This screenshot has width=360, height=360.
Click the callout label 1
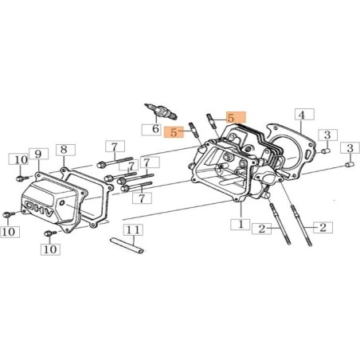click(x=241, y=225)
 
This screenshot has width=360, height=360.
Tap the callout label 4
click(x=304, y=114)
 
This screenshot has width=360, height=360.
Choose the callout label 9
click(x=39, y=154)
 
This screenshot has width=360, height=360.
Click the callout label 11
click(x=133, y=229)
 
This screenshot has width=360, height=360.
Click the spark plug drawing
click(x=161, y=112)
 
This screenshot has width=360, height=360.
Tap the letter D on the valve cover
click(x=30, y=205)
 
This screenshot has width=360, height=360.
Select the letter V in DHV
click(x=50, y=213)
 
